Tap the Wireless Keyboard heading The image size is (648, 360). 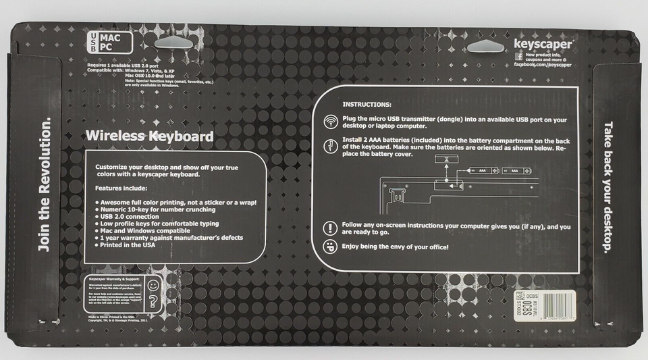pyautogui.click(x=149, y=136)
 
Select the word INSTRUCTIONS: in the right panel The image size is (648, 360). pyautogui.click(x=367, y=105)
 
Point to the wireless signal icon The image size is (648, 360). pyautogui.click(x=331, y=121)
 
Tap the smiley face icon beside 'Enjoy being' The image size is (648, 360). pyautogui.click(x=331, y=247)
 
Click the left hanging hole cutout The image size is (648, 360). pyautogui.click(x=180, y=42)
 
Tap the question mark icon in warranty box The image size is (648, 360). pyautogui.click(x=154, y=301)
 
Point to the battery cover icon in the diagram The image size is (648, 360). pyautogui.click(x=446, y=159)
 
